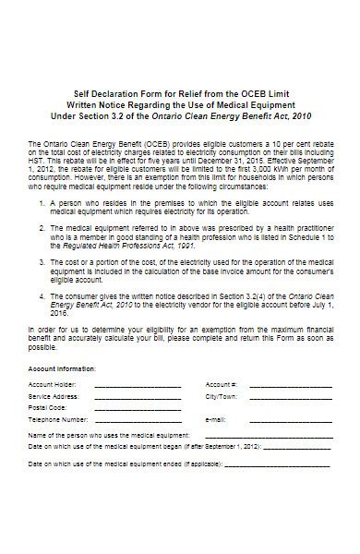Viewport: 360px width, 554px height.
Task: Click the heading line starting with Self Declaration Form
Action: pyautogui.click(x=180, y=93)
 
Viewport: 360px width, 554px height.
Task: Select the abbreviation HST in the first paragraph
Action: pyautogui.click(x=38, y=158)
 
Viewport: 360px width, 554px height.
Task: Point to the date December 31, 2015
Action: pyautogui.click(x=244, y=158)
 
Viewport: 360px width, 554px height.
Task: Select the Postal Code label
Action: pyautogui.click(x=47, y=407)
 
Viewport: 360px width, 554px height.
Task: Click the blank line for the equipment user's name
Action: pyautogui.click(x=268, y=434)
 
